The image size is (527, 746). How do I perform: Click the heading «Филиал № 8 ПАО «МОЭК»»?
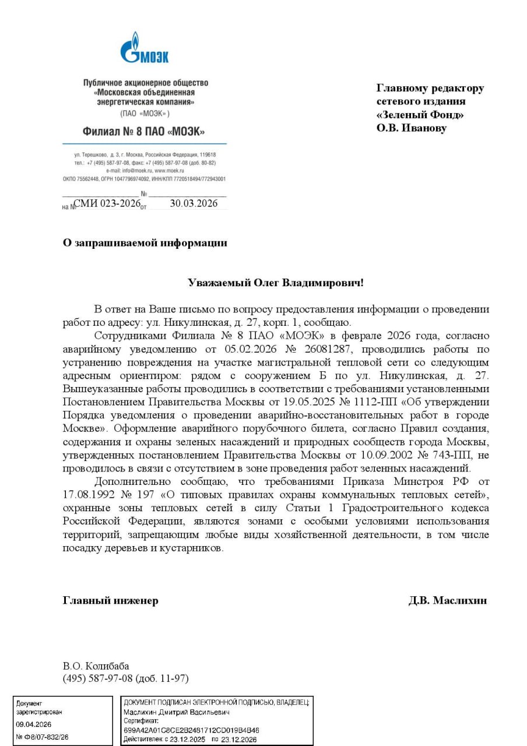(144, 131)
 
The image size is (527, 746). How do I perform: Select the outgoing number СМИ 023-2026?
(108, 203)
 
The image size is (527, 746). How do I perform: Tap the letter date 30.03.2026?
(194, 203)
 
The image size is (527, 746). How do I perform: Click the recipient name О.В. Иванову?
(411, 128)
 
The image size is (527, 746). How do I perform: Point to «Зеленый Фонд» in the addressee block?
(420, 115)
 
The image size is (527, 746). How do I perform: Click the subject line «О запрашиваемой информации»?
(145, 243)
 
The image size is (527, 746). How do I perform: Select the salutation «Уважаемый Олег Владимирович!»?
(275, 283)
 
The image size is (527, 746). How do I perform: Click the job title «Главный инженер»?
(110, 600)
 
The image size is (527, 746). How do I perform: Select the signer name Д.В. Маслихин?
(447, 600)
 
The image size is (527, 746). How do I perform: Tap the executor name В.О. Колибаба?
(96, 666)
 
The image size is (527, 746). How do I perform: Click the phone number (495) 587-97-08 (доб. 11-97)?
(125, 678)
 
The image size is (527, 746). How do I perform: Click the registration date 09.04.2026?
(34, 724)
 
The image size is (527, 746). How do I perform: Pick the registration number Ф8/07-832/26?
(46, 737)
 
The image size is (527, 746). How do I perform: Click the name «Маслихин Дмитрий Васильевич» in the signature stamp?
(177, 712)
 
